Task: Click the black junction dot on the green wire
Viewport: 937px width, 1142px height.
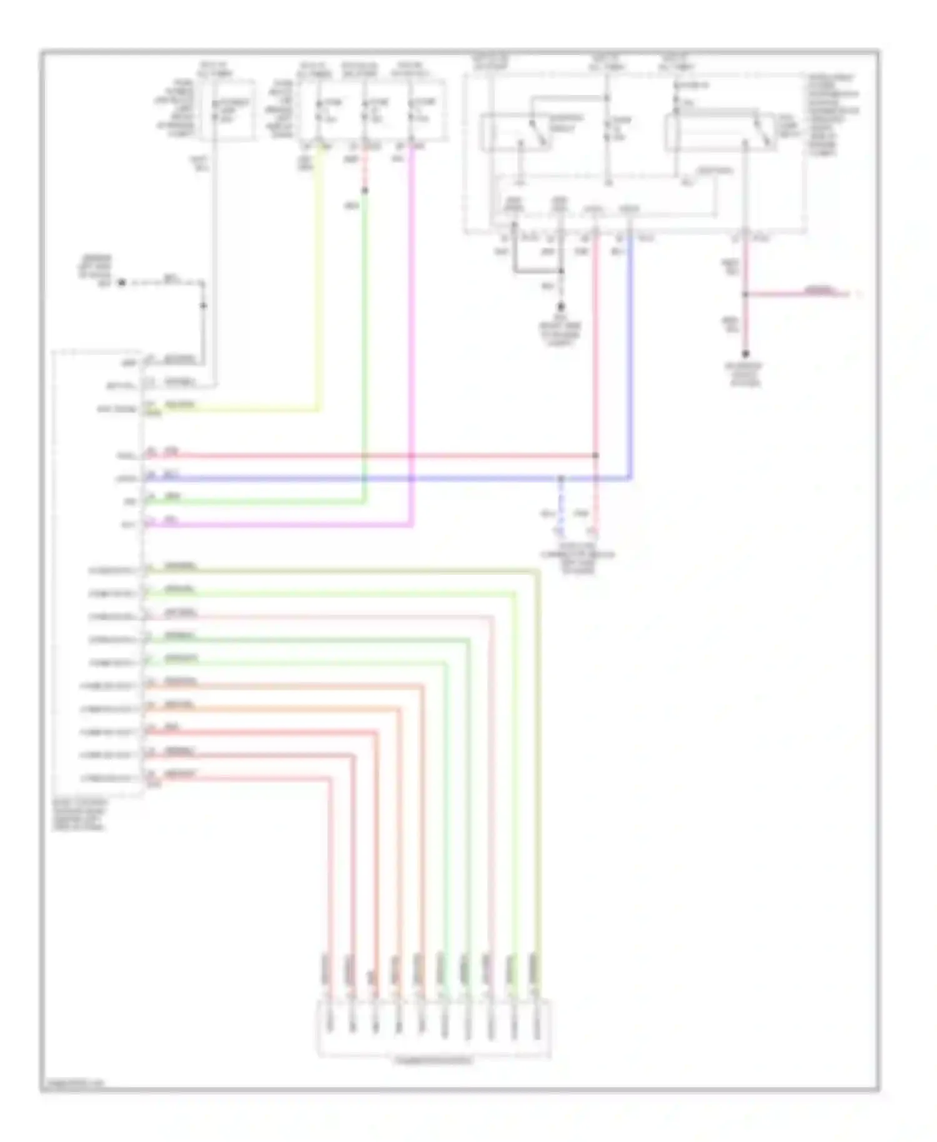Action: click(365, 191)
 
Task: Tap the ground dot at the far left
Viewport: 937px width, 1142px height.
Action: click(122, 282)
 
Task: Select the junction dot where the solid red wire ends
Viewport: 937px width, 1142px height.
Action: click(595, 455)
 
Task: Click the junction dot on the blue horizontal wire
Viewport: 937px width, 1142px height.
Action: click(561, 479)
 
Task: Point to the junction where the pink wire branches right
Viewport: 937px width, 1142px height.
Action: click(745, 294)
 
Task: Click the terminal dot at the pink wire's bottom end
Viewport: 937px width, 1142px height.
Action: click(745, 354)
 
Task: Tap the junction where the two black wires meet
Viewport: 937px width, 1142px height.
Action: click(561, 271)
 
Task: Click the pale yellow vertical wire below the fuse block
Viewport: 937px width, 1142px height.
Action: click(320, 281)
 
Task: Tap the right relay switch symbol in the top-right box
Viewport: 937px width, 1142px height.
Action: click(761, 132)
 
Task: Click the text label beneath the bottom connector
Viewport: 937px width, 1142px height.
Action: click(434, 1060)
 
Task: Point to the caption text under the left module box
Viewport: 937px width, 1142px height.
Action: click(79, 815)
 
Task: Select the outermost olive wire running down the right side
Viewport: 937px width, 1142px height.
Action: click(537, 750)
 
